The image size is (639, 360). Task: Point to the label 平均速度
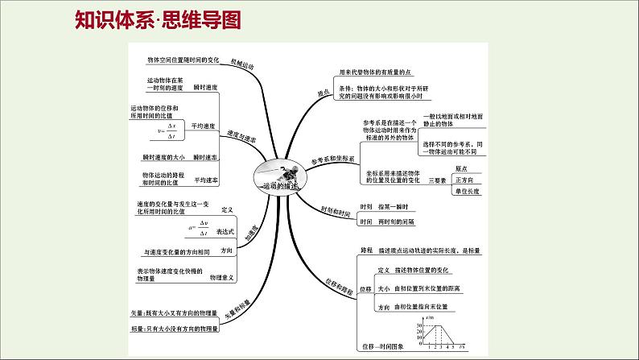204,126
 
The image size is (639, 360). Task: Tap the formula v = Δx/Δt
171,130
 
